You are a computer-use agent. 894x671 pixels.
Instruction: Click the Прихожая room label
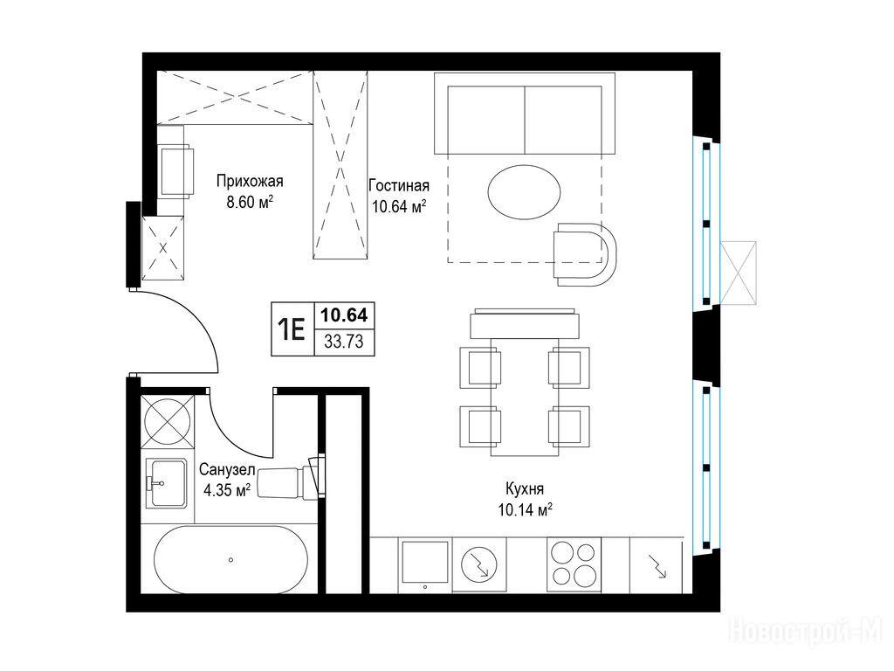click(250, 182)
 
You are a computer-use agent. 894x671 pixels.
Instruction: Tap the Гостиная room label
click(398, 185)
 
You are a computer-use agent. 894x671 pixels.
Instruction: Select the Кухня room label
click(525, 488)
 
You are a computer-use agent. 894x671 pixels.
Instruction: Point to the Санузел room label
click(227, 469)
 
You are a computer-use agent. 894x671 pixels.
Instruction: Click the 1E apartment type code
click(292, 329)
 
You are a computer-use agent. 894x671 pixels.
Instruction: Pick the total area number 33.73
click(344, 342)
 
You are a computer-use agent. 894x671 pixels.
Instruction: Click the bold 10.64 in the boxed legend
click(344, 315)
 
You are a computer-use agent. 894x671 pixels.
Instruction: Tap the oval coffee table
click(524, 191)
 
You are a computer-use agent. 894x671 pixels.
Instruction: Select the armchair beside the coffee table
click(586, 254)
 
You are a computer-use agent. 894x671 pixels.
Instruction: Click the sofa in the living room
click(525, 114)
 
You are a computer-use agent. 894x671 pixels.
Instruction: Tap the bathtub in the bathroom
click(230, 559)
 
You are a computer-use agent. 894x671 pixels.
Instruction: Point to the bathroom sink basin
click(167, 483)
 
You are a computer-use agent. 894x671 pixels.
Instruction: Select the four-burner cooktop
click(574, 564)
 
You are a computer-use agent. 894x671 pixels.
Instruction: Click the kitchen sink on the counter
click(425, 563)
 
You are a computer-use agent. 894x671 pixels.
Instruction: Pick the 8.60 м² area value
click(250, 202)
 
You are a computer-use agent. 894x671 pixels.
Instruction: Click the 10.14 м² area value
click(525, 509)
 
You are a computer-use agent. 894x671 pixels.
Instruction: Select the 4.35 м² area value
click(227, 490)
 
